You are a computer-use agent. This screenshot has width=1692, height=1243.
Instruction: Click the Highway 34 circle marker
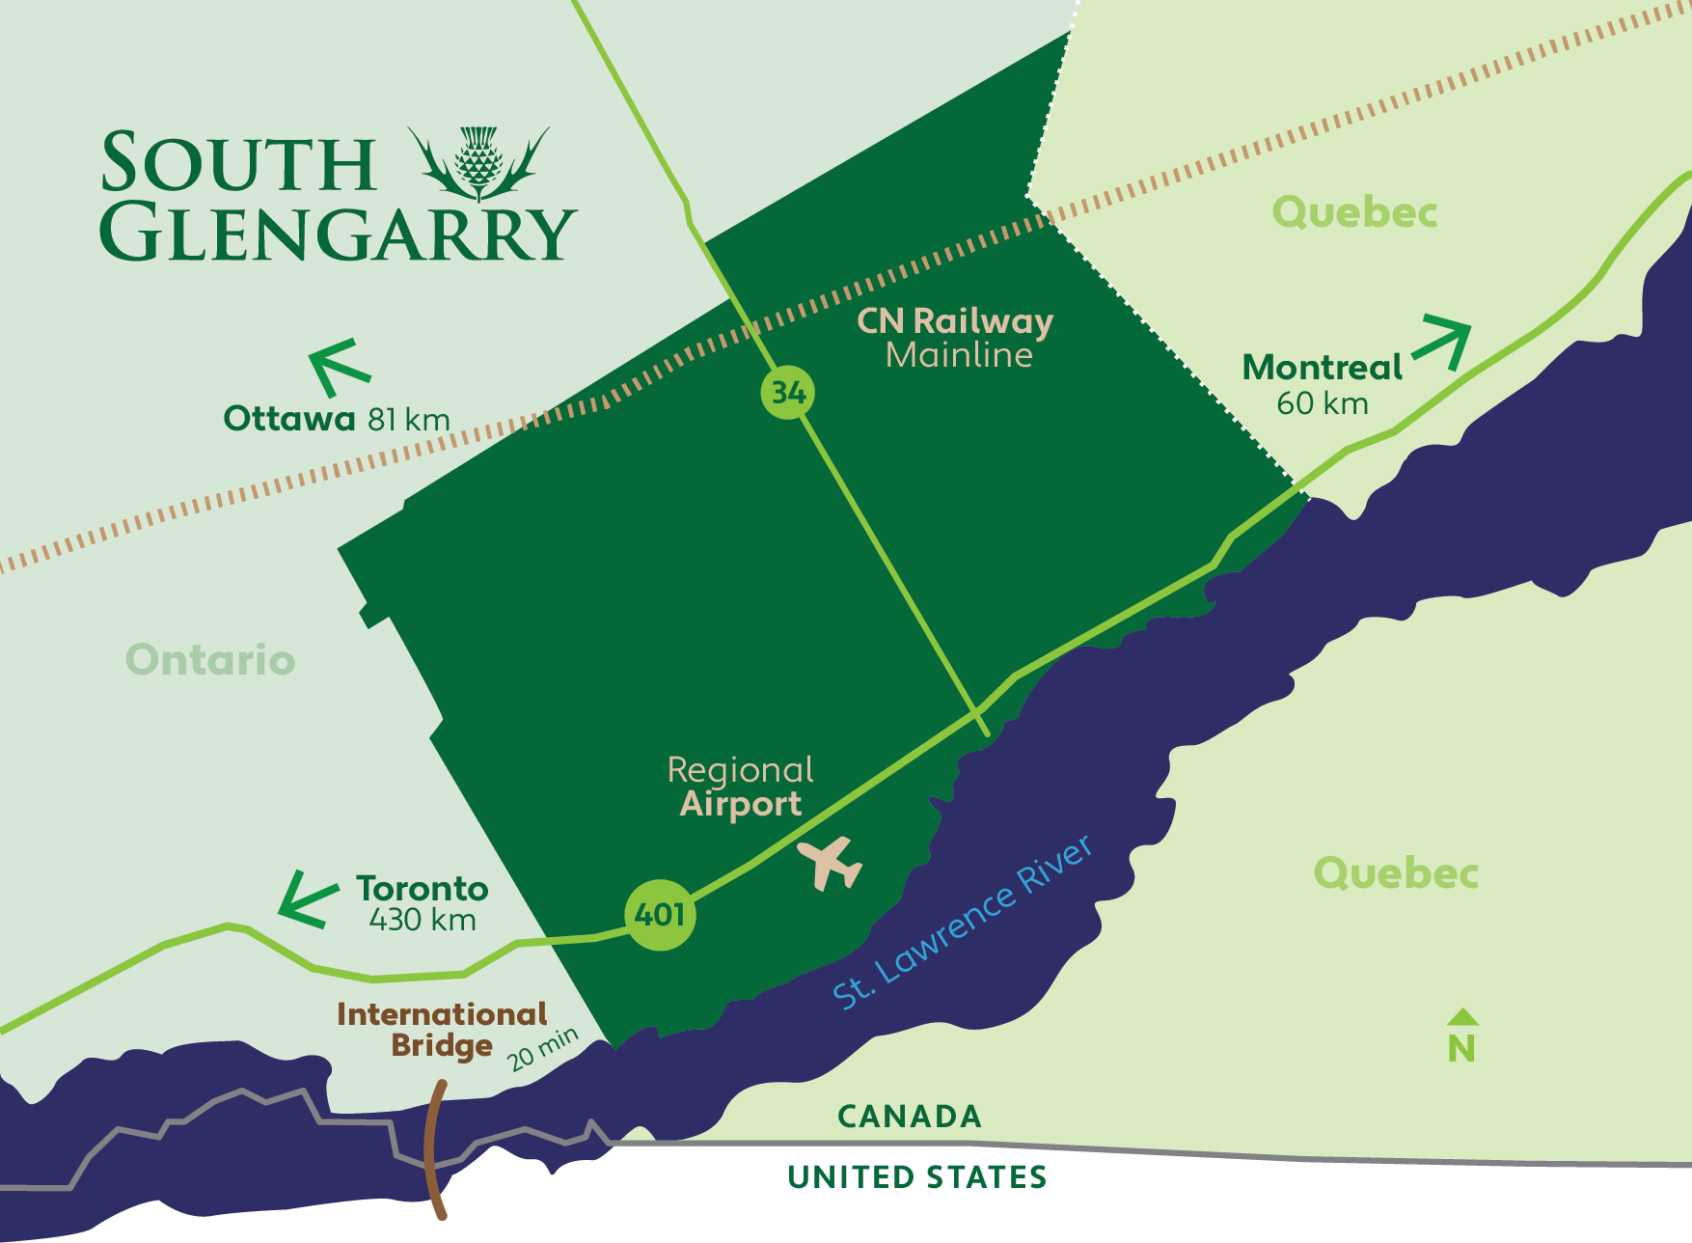[787, 393]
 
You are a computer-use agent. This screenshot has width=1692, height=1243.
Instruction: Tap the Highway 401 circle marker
[660, 915]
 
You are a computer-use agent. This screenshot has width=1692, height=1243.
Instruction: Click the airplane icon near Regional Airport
[830, 862]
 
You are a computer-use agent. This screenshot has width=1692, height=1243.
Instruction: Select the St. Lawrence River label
[963, 922]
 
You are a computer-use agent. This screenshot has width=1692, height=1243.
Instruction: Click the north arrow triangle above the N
[1462, 1016]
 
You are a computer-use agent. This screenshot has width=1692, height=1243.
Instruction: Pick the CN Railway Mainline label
[956, 338]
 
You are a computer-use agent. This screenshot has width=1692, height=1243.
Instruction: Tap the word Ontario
[210, 660]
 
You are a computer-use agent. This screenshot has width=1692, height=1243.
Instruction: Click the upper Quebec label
[1354, 212]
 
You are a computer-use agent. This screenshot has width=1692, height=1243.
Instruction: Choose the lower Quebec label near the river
[1396, 873]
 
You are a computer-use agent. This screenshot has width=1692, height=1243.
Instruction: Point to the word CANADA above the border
[910, 1117]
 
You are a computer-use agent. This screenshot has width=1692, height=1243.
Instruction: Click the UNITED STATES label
[916, 1177]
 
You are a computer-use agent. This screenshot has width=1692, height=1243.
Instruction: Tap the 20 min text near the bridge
[543, 1049]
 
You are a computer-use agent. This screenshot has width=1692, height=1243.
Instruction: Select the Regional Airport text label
[741, 787]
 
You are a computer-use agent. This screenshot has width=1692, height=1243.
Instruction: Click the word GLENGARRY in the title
[338, 233]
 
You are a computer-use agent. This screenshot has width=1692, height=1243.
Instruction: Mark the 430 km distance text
[423, 920]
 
